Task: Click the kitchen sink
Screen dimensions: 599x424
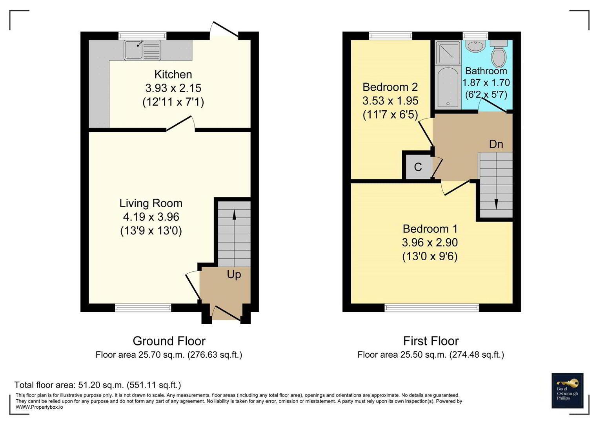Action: [x=142, y=50]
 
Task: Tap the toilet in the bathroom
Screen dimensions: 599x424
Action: [x=499, y=54]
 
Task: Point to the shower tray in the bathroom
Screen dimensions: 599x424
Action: [x=447, y=53]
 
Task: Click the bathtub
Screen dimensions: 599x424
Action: [x=447, y=88]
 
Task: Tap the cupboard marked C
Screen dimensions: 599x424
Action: [x=418, y=167]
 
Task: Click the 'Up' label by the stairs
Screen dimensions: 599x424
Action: [x=234, y=275]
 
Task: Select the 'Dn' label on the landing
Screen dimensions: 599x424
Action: [x=496, y=144]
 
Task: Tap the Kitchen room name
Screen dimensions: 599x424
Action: [x=173, y=75]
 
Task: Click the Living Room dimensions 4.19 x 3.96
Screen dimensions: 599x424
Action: [x=151, y=217]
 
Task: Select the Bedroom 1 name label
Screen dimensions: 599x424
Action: [x=430, y=229]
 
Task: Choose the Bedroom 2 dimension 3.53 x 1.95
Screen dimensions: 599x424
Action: [x=390, y=101]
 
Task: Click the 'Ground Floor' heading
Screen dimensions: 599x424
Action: [x=169, y=341]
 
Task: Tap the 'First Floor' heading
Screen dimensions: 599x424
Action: [x=431, y=341]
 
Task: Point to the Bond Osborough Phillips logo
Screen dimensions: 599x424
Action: [x=567, y=391]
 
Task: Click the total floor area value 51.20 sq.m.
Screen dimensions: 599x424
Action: [x=101, y=385]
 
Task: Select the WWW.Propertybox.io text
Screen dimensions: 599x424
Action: [x=39, y=407]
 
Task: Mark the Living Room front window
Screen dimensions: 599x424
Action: [x=143, y=307]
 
